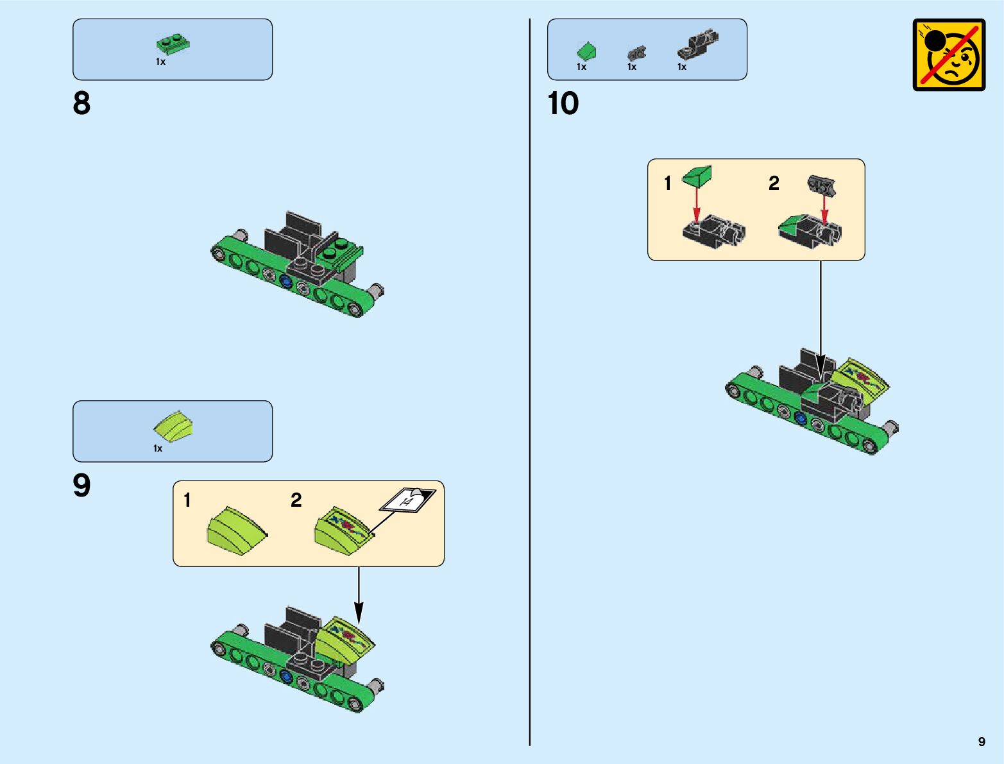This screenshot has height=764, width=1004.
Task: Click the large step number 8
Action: pos(82,103)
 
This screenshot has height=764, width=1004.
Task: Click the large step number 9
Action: pos(82,486)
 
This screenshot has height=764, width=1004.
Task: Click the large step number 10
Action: pos(563,103)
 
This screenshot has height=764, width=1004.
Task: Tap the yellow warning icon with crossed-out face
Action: pos(949,55)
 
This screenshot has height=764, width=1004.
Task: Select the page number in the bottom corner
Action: pos(982,742)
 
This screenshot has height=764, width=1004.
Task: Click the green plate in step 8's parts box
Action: pos(173,44)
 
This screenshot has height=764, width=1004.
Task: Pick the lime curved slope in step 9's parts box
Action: pos(174,426)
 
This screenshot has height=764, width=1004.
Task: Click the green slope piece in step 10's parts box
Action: pos(586,51)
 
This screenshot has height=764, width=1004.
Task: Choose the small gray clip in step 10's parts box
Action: pos(636,53)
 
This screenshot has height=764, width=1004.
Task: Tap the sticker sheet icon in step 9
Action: pos(408,500)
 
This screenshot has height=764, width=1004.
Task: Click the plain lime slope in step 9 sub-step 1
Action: pos(236,531)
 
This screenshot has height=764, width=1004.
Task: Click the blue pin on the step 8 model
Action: pos(286,282)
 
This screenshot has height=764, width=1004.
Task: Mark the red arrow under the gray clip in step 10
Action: pos(824,210)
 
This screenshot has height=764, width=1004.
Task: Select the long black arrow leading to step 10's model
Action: pos(821,321)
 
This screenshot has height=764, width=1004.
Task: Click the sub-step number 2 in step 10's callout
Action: pos(774,183)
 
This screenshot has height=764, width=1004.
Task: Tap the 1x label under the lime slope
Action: pos(158,448)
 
